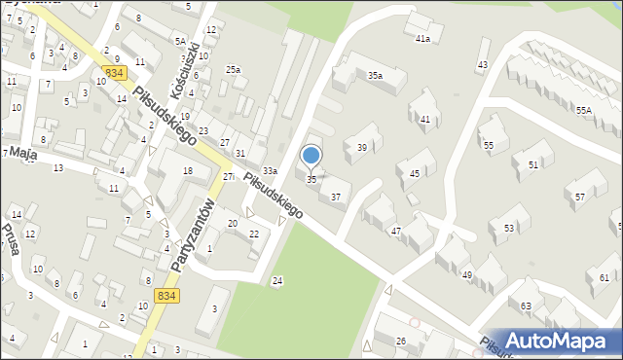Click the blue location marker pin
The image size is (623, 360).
[x=311, y=156]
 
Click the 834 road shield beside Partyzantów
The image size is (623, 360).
[x=166, y=295]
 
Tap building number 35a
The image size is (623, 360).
[x=375, y=75]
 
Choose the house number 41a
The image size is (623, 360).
[x=422, y=40]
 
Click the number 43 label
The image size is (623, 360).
[x=482, y=65]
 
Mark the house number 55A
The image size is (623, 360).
[x=583, y=111]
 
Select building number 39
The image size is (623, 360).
[x=362, y=147]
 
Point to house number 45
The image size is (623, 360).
[x=415, y=174]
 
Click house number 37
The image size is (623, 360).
[x=336, y=197]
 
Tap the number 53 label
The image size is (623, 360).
[x=509, y=228]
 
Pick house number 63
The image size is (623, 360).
[x=527, y=306]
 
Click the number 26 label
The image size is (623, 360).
[x=401, y=340]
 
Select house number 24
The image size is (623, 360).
[x=277, y=281]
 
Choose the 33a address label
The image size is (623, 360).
[x=269, y=172]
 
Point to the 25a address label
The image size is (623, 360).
[x=233, y=69]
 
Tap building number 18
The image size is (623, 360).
[x=188, y=171]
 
